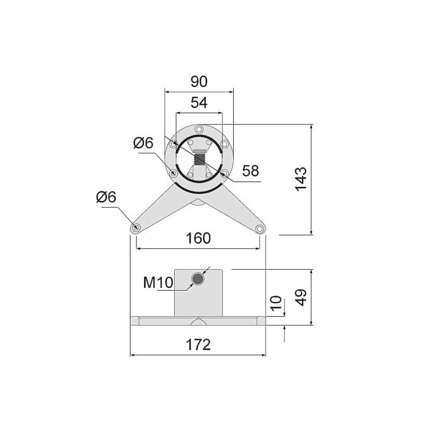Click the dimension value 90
(x=199, y=82)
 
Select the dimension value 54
(x=199, y=103)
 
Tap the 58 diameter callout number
(x=251, y=171)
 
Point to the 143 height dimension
(x=301, y=179)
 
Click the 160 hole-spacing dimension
(x=198, y=238)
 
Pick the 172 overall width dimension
(x=198, y=344)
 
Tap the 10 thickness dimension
(x=275, y=303)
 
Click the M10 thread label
(x=158, y=283)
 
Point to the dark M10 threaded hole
(x=198, y=279)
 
